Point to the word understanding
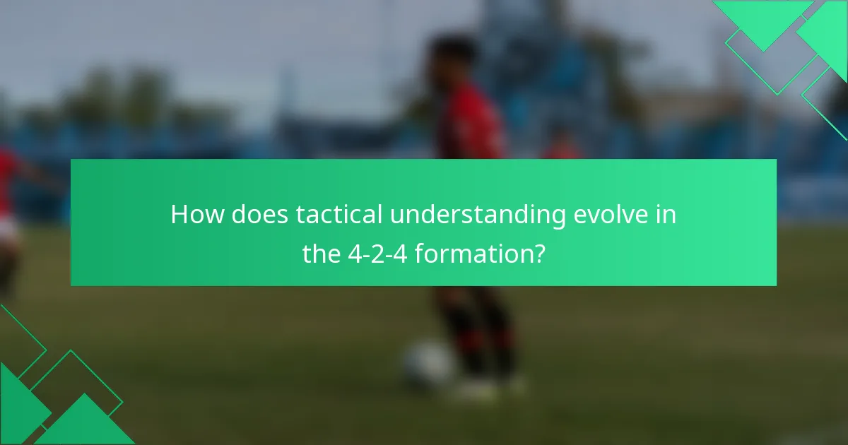pyautogui.click(x=478, y=215)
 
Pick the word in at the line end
pyautogui.click(x=666, y=215)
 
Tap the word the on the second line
pyautogui.click(x=321, y=253)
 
